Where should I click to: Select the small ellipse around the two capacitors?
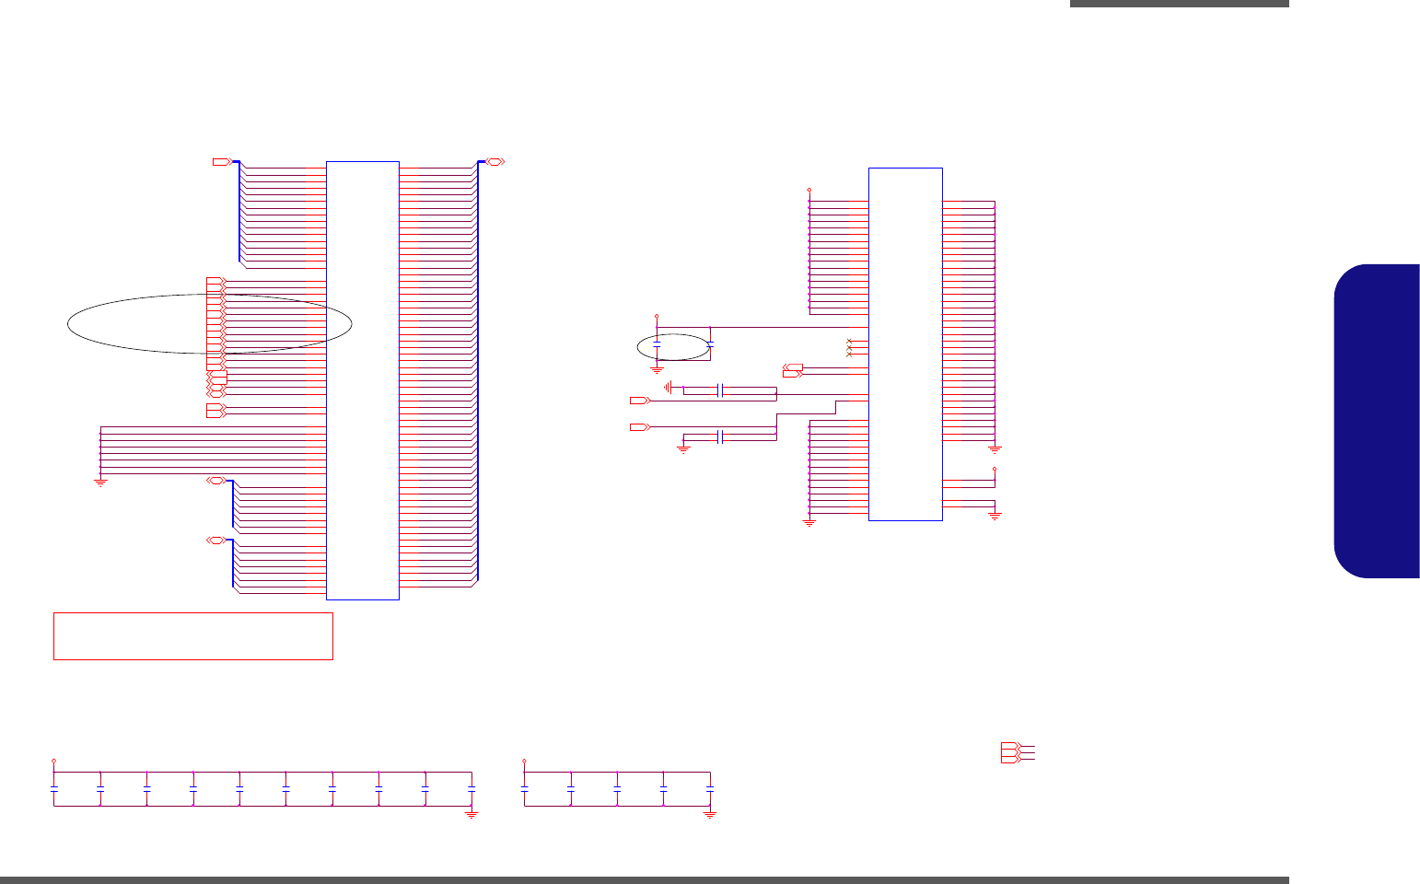point(673,347)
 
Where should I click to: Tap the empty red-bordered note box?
point(192,636)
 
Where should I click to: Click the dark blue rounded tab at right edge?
point(1377,421)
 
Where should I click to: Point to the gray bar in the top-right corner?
point(1179,4)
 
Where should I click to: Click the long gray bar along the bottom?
point(645,880)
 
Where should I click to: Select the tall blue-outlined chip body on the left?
point(363,380)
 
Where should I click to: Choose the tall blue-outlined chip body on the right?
point(905,343)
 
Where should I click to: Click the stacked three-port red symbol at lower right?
point(1010,752)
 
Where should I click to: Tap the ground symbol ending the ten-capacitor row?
point(471,814)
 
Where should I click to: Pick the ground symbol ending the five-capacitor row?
point(710,814)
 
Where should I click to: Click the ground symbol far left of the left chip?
point(100,481)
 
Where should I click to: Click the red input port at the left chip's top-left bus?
point(221,162)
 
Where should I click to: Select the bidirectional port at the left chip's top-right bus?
point(495,162)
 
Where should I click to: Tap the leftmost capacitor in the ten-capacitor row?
point(54,789)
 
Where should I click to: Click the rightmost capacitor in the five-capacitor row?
point(710,789)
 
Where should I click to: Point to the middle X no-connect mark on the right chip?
point(849,348)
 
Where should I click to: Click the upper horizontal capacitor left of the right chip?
point(722,390)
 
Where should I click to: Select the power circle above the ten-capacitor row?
point(54,762)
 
